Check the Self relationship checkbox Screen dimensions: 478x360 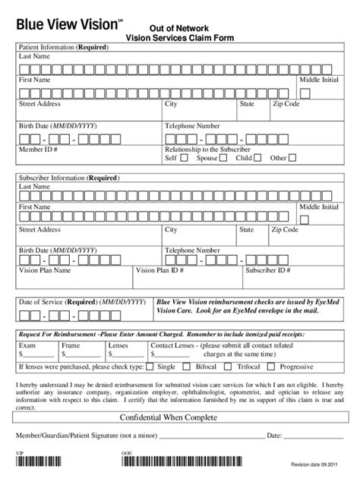(x=185, y=159)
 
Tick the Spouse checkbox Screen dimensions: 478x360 (x=225, y=159)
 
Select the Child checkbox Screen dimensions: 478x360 (x=258, y=159)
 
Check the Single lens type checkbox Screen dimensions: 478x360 (x=150, y=366)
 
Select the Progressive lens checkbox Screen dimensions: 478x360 (x=274, y=366)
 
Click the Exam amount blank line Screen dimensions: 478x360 (x=38, y=354)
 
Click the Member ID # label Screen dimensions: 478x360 (x=39, y=149)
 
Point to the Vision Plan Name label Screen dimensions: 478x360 (x=45, y=269)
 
